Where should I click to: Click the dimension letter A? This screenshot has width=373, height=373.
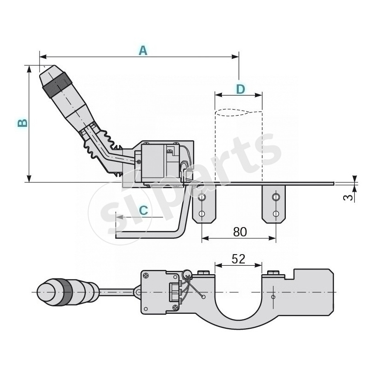point(143,51)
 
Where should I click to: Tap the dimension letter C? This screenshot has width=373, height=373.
point(144,210)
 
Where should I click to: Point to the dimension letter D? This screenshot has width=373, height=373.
point(240,89)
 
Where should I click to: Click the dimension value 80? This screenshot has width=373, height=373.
point(239,231)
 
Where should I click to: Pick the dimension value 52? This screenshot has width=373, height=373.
point(238,259)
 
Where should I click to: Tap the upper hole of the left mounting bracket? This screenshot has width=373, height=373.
point(201,198)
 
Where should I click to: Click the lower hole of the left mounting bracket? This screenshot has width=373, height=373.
point(201,214)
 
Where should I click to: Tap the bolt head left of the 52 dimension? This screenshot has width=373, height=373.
point(204,272)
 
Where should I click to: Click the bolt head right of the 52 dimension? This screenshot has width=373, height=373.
point(273,272)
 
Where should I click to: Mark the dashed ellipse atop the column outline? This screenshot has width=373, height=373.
point(238,112)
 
